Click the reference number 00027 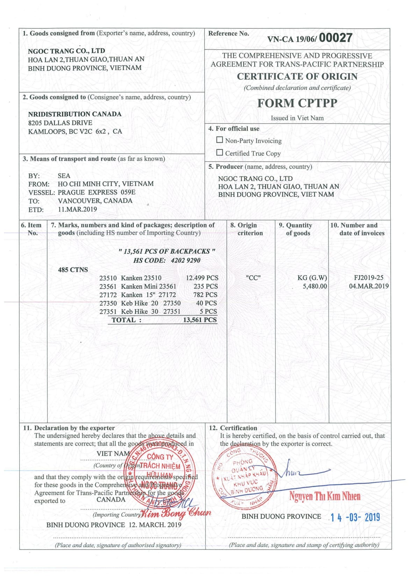[x=335, y=38]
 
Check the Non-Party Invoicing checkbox [x=220, y=140]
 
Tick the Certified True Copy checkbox [x=220, y=153]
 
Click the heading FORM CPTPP [x=297, y=103]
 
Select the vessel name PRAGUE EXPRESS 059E [x=96, y=192]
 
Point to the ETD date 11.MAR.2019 [x=77, y=209]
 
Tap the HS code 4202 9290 [x=186, y=260]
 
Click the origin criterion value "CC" [x=253, y=278]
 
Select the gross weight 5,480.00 [x=315, y=286]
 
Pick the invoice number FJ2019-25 [x=368, y=278]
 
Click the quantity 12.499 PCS [x=202, y=278]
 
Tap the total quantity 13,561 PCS [x=200, y=320]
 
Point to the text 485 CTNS [x=73, y=270]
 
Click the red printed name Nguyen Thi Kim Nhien [x=324, y=496]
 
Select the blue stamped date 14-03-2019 [x=355, y=517]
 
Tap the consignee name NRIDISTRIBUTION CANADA [x=75, y=114]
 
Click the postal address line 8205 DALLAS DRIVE [x=60, y=123]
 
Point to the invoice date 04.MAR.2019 [x=368, y=286]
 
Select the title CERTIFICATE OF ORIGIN [x=297, y=76]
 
